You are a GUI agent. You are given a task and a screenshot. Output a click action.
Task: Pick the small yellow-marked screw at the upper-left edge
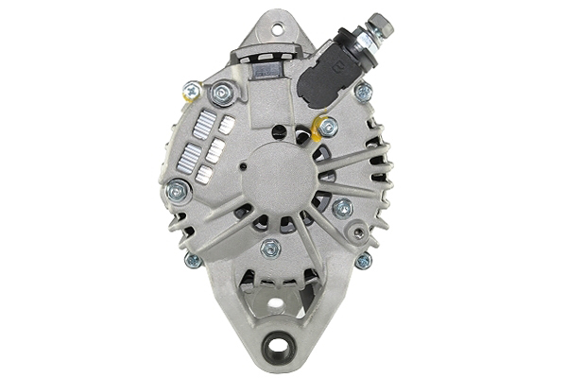pos(191,91)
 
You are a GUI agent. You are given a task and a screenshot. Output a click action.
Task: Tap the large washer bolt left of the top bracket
pos(223,93)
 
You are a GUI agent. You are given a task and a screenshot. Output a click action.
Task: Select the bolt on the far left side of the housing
pos(177,191)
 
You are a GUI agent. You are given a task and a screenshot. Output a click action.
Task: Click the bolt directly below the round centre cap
pos(271,249)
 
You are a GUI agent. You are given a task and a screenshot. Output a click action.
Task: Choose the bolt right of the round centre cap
pos(342,207)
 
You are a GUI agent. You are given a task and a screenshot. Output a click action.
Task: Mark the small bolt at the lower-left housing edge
pos(194,260)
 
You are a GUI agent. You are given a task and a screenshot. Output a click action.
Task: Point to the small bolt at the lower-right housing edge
pos(363,260)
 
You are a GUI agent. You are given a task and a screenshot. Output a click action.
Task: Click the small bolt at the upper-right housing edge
pos(363,92)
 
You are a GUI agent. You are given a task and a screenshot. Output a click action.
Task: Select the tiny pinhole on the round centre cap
pos(243,167)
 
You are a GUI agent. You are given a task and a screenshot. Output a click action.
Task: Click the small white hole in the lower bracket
pos(275,304)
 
